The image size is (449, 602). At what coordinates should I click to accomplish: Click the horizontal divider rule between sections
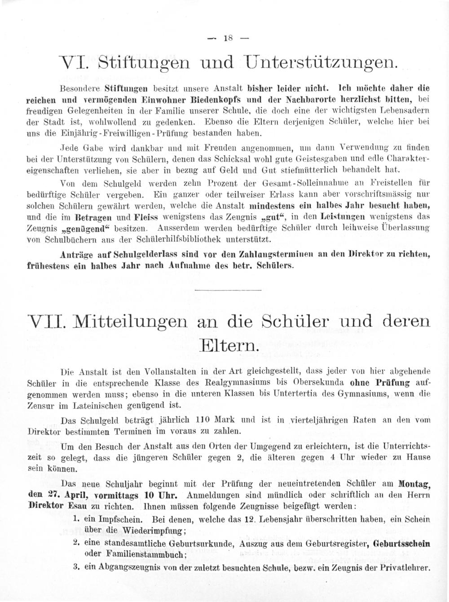(x=224, y=290)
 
